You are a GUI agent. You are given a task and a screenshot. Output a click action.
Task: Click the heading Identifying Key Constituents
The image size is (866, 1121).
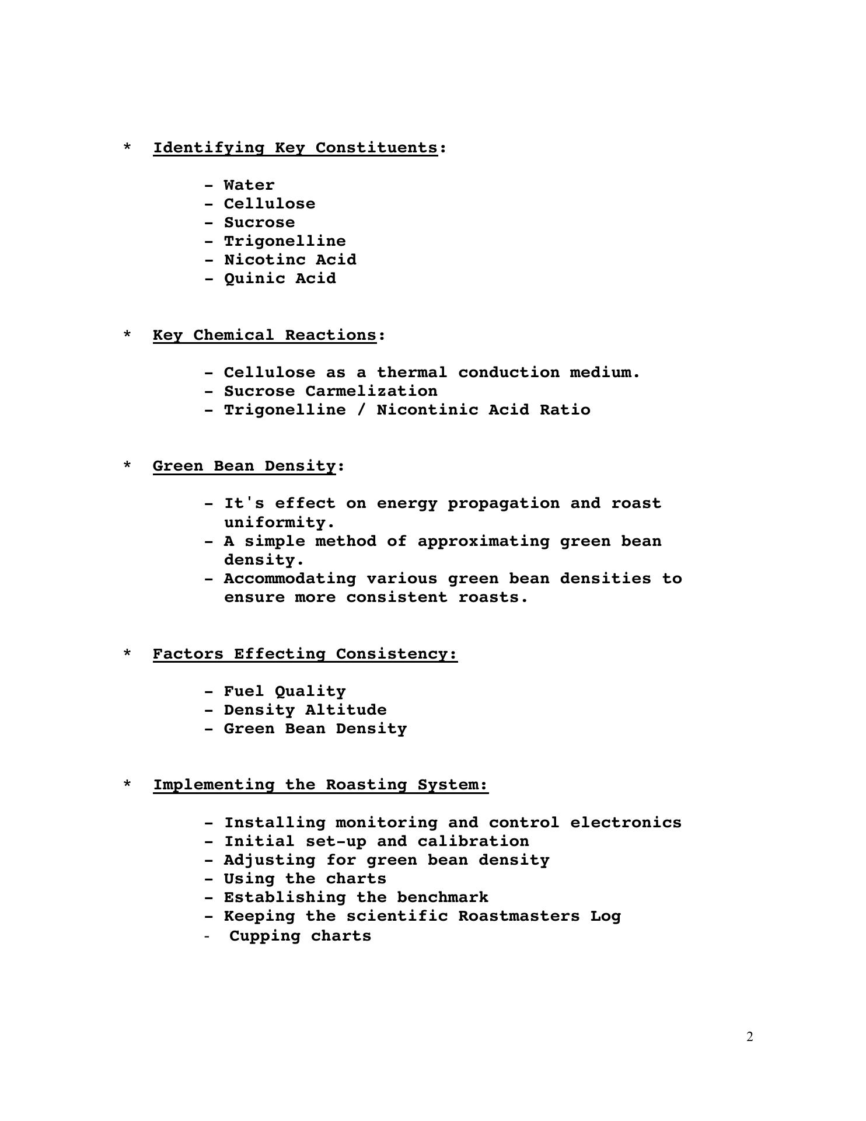[x=295, y=148]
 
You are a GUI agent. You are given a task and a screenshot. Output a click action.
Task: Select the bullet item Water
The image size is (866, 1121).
[x=249, y=185]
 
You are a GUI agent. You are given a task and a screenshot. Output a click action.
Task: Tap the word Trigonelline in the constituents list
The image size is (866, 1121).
[x=284, y=241]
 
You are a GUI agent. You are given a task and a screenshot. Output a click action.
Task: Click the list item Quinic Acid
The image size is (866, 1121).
[x=280, y=278]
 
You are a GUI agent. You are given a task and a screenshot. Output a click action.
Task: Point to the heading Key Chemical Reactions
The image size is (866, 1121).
[x=264, y=335]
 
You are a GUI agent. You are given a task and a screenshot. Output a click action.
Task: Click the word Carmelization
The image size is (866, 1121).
[x=371, y=391]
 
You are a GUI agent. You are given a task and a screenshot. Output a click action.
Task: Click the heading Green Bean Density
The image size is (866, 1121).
[x=244, y=466]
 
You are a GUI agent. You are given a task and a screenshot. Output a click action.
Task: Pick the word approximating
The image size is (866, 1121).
[x=483, y=541]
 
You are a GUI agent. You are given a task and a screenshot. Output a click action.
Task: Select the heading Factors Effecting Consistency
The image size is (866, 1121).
[x=305, y=654]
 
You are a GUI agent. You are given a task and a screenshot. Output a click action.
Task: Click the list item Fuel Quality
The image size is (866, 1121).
[x=284, y=691]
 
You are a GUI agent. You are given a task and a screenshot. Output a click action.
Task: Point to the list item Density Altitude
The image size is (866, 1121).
[x=305, y=710]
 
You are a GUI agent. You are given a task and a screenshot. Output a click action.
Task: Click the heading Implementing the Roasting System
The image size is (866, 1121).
[x=320, y=785]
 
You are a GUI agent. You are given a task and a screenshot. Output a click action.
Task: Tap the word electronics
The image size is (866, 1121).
[x=626, y=823]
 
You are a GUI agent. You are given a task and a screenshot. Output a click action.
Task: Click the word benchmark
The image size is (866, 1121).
[x=442, y=897]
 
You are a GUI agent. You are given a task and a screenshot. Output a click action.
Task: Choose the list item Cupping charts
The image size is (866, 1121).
[x=299, y=936]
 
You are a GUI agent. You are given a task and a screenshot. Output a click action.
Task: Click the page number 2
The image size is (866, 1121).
[x=750, y=1037]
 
